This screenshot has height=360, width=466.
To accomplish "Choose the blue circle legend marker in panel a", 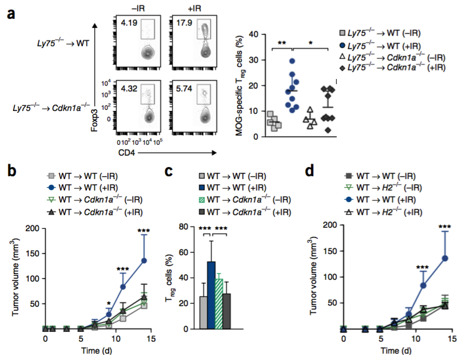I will point(341,46).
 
